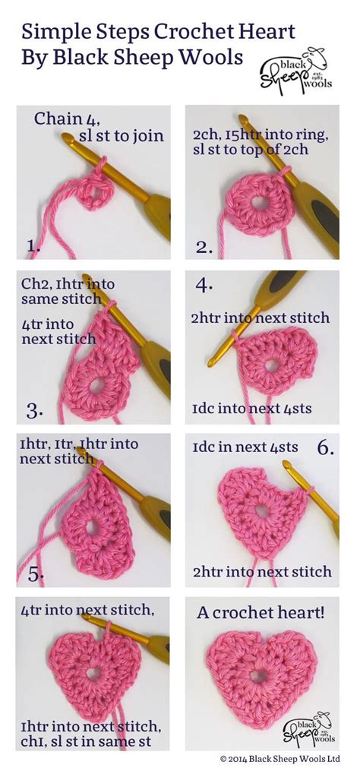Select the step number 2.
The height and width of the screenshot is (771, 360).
pos(204,247)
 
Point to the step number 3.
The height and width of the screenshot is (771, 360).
pos(34,411)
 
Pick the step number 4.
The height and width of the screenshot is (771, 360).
pos(204,285)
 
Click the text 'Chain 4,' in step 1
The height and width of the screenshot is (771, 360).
pos(67,119)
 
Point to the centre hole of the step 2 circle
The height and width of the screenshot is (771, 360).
pos(261,203)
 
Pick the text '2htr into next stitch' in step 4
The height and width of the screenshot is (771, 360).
pos(261,318)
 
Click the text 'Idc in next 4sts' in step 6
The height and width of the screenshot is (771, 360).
pos(245,447)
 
